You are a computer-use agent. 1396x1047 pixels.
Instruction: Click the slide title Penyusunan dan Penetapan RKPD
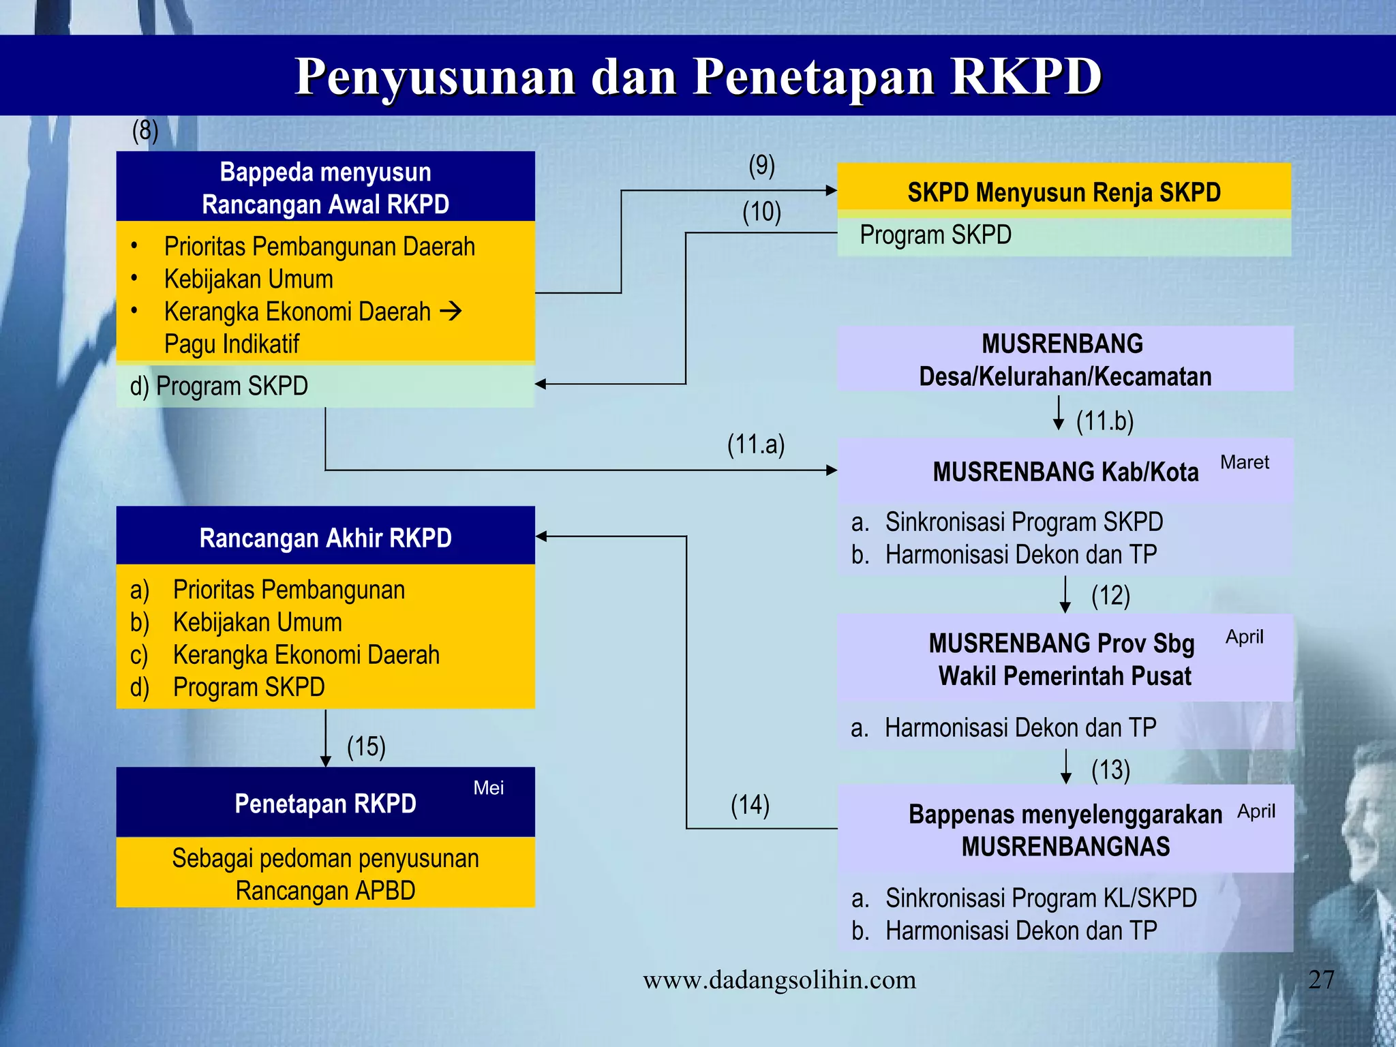click(x=698, y=76)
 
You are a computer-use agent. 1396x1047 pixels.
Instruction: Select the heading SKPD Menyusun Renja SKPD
click(x=1063, y=192)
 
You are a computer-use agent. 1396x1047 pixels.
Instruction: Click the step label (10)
click(x=761, y=212)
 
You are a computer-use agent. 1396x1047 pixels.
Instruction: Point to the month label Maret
click(x=1244, y=462)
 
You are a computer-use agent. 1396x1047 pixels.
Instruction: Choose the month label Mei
click(x=488, y=788)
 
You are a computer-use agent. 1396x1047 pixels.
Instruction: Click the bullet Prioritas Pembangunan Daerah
click(x=319, y=246)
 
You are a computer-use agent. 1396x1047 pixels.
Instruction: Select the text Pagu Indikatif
click(x=232, y=344)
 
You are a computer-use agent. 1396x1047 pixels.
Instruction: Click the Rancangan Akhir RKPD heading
click(x=325, y=538)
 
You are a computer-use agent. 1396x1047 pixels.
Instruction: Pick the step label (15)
click(x=366, y=746)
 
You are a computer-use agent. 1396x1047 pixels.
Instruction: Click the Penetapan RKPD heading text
click(x=325, y=804)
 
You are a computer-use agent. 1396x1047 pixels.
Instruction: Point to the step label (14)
click(x=750, y=805)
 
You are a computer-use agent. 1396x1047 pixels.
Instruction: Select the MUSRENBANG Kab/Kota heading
click(x=1065, y=472)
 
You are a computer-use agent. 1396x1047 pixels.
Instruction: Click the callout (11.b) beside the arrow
click(x=1104, y=421)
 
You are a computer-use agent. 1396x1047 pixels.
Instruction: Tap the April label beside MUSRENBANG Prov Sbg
click(x=1244, y=637)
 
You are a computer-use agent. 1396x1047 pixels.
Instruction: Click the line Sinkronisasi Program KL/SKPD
click(x=1040, y=898)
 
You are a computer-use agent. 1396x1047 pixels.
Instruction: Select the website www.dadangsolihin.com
click(x=779, y=980)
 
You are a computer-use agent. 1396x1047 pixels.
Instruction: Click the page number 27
click(x=1320, y=980)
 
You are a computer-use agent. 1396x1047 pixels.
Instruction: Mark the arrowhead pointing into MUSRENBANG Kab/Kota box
click(x=831, y=470)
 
